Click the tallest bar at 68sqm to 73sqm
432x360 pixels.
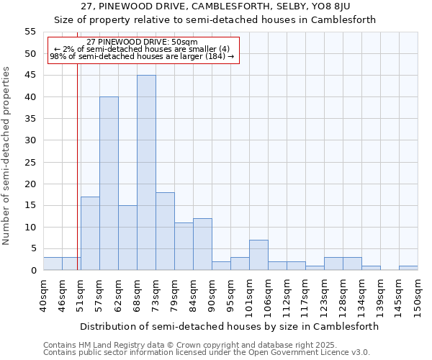[146, 173]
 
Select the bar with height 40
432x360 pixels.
[109, 184]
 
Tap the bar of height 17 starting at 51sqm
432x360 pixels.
[90, 233]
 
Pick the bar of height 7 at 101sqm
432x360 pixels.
[258, 255]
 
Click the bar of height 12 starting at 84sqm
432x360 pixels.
[202, 244]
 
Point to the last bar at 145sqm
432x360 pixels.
[408, 268]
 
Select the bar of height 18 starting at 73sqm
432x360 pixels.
[165, 231]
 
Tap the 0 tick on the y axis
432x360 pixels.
[33, 271]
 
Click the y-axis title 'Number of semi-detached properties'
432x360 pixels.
[7, 156]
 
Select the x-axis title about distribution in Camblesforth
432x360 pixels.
[229, 326]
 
